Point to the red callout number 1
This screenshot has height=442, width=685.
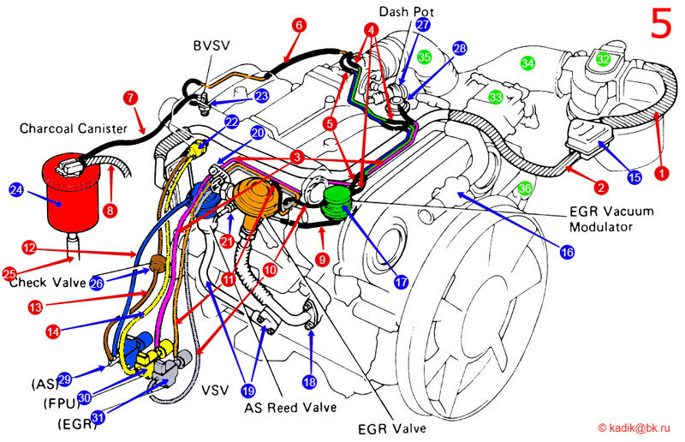[660, 172]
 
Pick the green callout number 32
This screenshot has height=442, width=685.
[604, 59]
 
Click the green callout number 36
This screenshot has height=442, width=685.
[525, 188]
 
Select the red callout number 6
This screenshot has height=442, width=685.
[299, 26]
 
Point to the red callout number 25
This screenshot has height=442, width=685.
[10, 274]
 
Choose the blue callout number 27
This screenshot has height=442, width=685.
[423, 25]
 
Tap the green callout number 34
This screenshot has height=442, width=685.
[527, 63]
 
